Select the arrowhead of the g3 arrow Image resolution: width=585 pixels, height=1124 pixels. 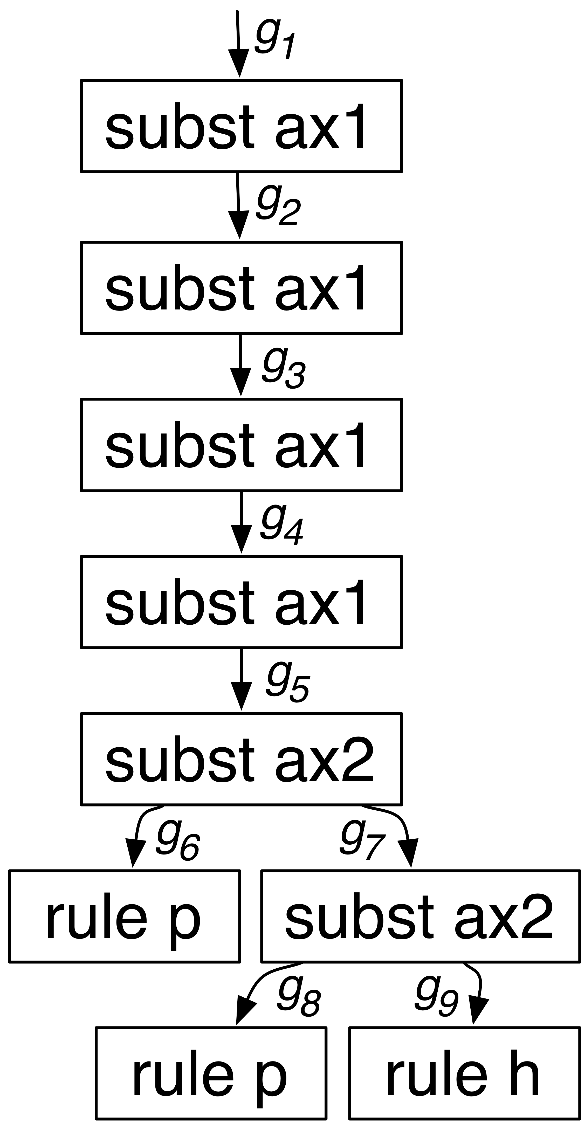[241, 382]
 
